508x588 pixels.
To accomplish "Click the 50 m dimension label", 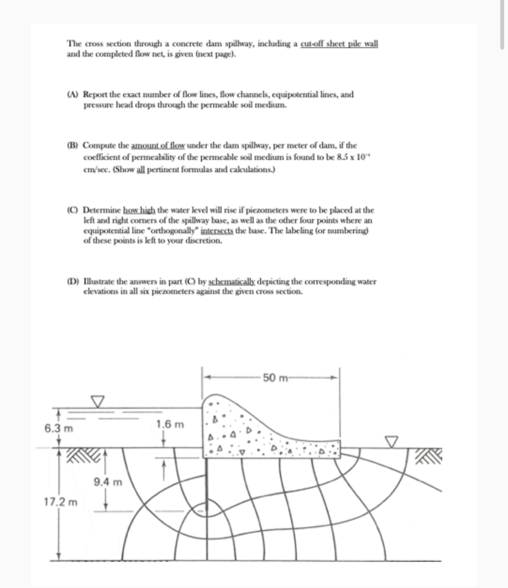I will (276, 378).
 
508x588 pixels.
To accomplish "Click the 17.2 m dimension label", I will (61, 502).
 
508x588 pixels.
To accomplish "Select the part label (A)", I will (73, 94).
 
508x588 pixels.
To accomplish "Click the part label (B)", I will (73, 145).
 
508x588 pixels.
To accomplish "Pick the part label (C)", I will (73, 210).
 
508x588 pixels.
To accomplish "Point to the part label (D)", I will (73, 281).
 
